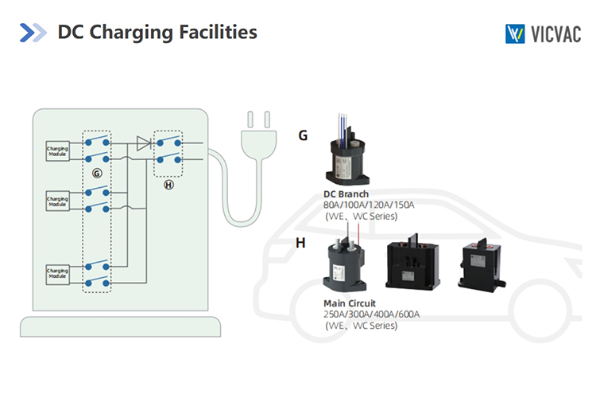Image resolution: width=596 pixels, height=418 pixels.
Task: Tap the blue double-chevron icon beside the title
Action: pyautogui.click(x=33, y=33)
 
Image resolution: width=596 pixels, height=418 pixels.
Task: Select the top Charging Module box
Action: pyautogui.click(x=57, y=150)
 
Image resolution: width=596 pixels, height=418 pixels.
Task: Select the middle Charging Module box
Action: pyautogui.click(x=57, y=201)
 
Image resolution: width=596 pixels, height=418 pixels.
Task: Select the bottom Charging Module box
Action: pyautogui.click(x=57, y=274)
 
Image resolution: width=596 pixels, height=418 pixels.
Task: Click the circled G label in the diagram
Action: pyautogui.click(x=97, y=172)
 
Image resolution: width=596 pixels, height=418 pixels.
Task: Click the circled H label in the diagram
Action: pyautogui.click(x=168, y=184)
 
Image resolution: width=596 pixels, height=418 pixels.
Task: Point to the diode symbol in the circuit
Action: pyautogui.click(x=143, y=143)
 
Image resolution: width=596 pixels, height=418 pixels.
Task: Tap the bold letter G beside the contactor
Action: pyautogui.click(x=303, y=136)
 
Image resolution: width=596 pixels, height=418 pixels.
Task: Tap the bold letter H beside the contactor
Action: pyautogui.click(x=300, y=243)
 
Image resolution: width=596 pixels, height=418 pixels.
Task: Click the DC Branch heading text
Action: pyautogui.click(x=346, y=194)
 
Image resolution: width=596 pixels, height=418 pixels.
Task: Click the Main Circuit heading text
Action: pyautogui.click(x=350, y=303)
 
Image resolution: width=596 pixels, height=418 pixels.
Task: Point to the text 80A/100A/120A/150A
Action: pyautogui.click(x=369, y=205)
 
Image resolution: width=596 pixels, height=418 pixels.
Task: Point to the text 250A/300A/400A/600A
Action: pyautogui.click(x=371, y=314)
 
